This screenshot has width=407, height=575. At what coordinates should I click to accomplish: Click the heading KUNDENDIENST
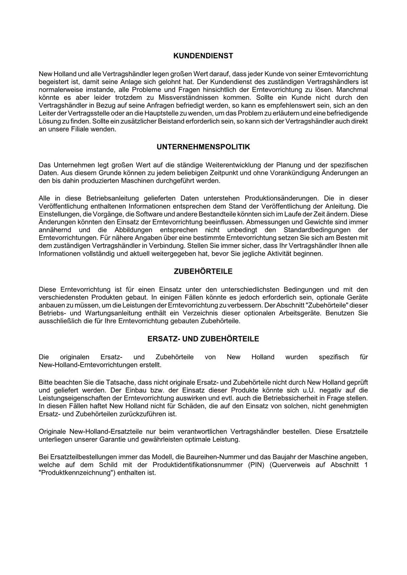[203, 56]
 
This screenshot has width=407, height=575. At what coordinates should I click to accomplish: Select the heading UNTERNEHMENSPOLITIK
[203, 147]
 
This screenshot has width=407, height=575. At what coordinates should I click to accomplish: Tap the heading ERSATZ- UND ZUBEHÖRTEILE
[203, 339]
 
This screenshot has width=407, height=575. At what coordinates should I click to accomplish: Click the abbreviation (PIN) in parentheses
[254, 465]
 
